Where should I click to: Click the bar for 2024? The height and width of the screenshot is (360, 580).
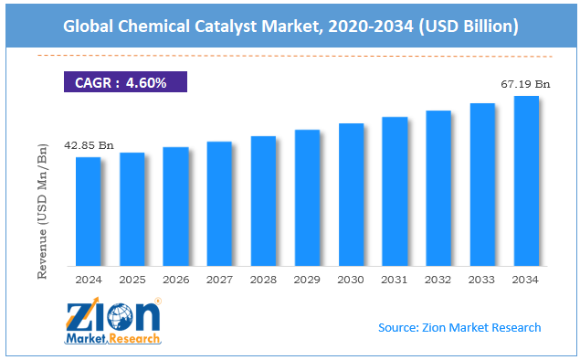click(88, 211)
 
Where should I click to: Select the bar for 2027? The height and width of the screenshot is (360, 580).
click(219, 204)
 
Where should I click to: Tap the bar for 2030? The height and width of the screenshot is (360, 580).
click(351, 195)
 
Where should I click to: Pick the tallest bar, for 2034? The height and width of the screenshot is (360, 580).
click(526, 181)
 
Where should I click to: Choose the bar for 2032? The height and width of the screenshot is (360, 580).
click(438, 188)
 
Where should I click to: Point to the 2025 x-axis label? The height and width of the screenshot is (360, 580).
click(132, 280)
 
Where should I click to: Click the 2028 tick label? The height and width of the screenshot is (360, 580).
click(263, 280)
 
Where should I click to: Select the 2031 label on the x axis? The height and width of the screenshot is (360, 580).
click(394, 280)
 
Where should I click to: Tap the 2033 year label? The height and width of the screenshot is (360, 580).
click(481, 280)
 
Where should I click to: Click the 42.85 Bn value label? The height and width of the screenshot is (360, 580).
click(89, 145)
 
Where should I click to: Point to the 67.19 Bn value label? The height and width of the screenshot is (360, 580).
click(525, 84)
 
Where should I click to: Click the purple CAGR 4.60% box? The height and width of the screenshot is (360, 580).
click(125, 81)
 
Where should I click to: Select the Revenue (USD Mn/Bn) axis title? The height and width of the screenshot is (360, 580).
click(42, 211)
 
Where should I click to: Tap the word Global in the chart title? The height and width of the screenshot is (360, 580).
click(88, 26)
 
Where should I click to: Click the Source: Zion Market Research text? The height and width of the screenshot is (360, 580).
click(459, 327)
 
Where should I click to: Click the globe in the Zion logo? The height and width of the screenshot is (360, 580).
click(120, 317)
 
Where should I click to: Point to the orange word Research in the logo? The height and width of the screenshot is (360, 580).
click(134, 339)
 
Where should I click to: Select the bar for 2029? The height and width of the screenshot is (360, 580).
click(308, 197)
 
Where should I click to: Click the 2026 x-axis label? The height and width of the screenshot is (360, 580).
click(175, 280)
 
